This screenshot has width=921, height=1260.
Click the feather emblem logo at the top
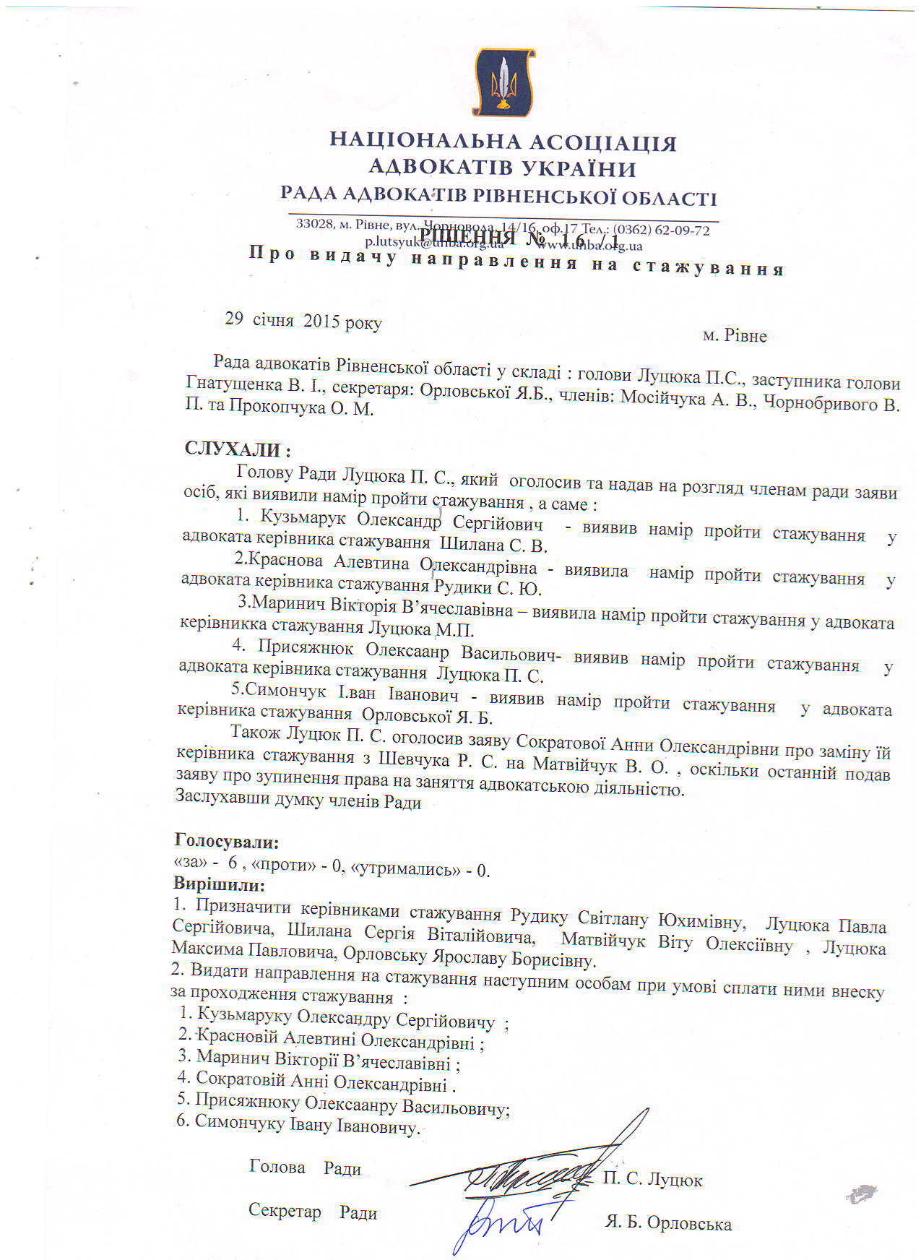coord(503,82)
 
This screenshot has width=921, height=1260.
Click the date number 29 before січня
coord(234,319)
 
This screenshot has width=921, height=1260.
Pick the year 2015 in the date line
coord(321,321)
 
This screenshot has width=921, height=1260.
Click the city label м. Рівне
coord(735,336)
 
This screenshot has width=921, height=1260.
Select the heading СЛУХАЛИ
coord(238,449)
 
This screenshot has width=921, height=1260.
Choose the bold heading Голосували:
coord(227,842)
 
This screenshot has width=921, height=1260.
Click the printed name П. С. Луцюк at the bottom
coord(652,1179)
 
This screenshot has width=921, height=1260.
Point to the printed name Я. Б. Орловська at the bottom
coord(668,1223)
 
